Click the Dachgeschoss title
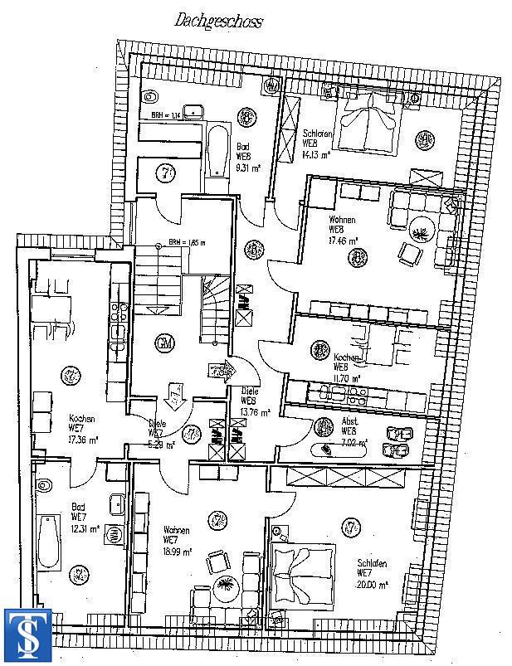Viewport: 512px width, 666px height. point(217,21)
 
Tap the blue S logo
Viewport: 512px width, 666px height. point(28,634)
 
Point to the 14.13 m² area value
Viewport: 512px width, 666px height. point(318,154)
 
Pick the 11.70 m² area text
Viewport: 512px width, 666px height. point(348,378)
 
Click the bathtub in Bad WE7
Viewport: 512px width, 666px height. point(49,543)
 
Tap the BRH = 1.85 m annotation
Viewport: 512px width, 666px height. point(186,243)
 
